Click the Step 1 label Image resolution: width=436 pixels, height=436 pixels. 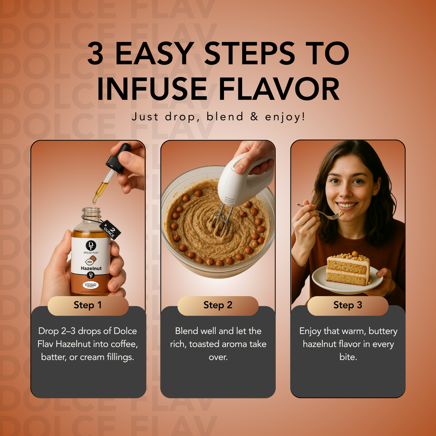point(88,305)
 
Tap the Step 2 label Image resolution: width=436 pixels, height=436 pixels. point(218,305)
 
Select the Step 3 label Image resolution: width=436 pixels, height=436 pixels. point(347,305)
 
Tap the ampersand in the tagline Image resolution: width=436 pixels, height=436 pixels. point(254,116)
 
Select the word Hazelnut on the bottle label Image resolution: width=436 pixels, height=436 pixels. point(90,269)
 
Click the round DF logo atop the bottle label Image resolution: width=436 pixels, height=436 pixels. point(91,245)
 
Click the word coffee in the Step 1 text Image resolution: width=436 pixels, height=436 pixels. point(124,344)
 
